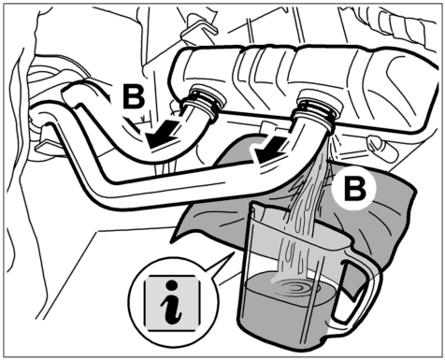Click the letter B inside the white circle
click(x=354, y=189)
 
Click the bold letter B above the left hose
click(x=134, y=96)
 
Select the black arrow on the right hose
click(x=269, y=148)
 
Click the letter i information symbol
click(x=172, y=302)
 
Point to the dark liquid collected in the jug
click(x=288, y=307)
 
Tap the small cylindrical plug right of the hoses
click(x=382, y=146)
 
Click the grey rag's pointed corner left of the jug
click(x=174, y=238)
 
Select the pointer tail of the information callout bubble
click(x=218, y=265)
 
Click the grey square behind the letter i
click(x=172, y=303)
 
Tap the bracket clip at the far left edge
click(x=45, y=144)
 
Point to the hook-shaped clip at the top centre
click(x=198, y=27)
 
